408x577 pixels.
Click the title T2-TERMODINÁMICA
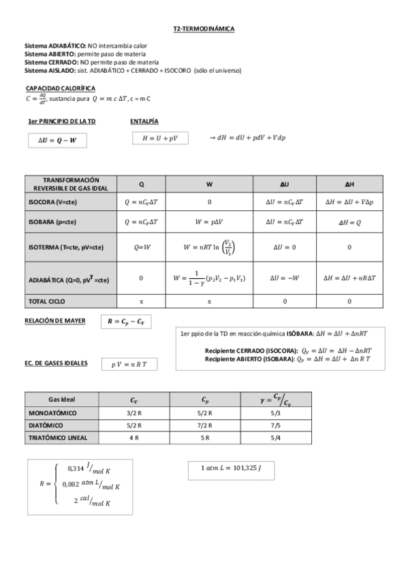(204, 29)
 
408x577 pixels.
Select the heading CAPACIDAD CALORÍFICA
(60, 88)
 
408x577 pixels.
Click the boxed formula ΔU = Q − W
(58, 141)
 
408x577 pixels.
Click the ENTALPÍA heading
(144, 121)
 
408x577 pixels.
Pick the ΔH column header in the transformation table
(349, 184)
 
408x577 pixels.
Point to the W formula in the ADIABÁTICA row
(209, 278)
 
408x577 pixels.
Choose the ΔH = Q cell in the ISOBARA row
(349, 222)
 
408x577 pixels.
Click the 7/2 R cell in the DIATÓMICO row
(204, 425)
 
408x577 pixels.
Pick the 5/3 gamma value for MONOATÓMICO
(275, 413)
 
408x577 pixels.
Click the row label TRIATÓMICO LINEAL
(59, 438)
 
